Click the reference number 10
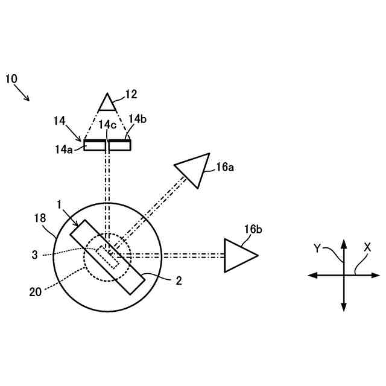[11, 78]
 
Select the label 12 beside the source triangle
[131, 94]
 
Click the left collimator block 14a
[94, 145]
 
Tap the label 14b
[137, 119]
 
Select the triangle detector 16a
[191, 169]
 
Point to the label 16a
[224, 168]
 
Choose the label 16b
[253, 230]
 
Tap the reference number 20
[37, 291]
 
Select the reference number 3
[35, 255]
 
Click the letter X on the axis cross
[367, 247]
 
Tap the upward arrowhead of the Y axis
[344, 244]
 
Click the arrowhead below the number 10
[27, 98]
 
